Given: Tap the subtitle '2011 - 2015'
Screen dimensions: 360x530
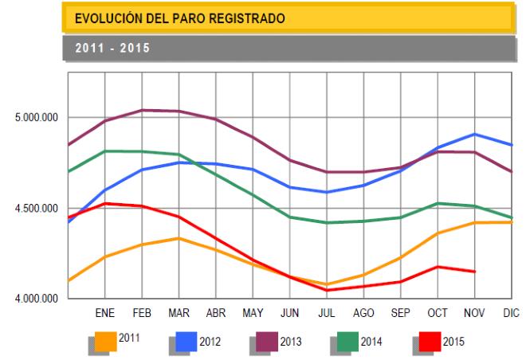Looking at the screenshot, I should (108, 47).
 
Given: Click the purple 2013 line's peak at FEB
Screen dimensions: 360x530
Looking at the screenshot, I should (143, 110).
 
